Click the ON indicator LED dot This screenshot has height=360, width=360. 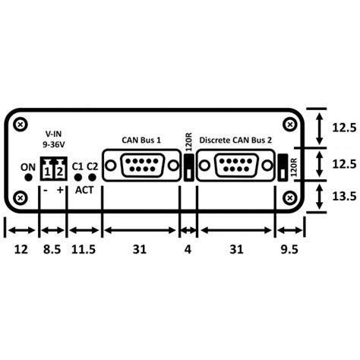coord(29,178)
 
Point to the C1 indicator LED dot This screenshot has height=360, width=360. coord(78,178)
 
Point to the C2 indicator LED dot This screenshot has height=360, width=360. coord(92,178)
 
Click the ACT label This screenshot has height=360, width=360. coord(84,190)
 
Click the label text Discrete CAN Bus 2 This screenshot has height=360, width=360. coord(235,140)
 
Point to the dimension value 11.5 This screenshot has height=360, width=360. coord(85,248)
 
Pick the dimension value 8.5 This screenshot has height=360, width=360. coord(52,248)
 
